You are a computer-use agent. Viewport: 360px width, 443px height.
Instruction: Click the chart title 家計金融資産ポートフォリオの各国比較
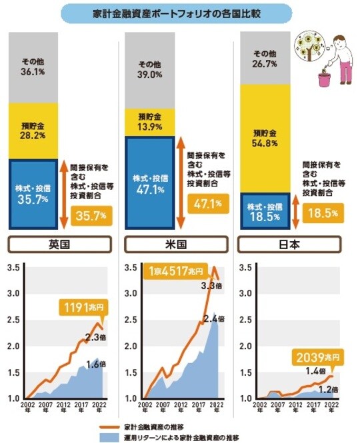[180, 13]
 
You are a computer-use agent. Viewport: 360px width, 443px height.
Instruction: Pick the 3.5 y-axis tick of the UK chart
[13, 268]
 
